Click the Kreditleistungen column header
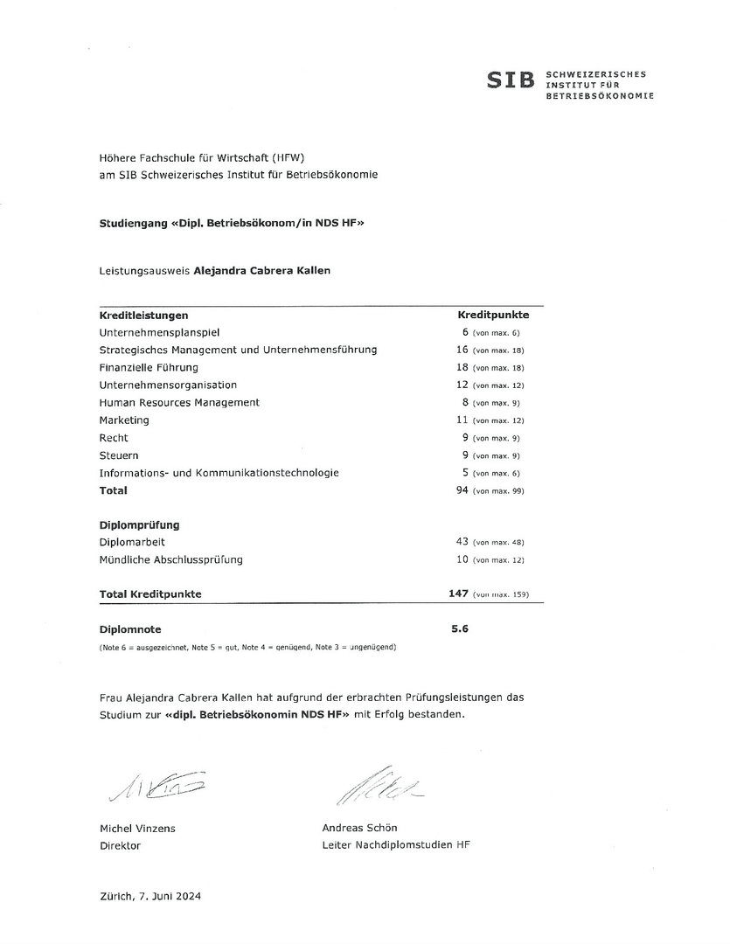pos(144,315)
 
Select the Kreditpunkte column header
pos(494,315)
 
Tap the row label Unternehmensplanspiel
pos(160,332)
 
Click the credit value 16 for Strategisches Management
pos(463,350)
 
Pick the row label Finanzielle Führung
pos(149,367)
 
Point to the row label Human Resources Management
pos(179,402)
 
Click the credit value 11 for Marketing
pos(463,420)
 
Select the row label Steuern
pos(119,455)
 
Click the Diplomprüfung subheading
pos(140,525)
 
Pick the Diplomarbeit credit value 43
pos(463,542)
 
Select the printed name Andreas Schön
pos(359,828)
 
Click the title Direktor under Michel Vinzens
pos(120,845)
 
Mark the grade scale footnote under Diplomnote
pos(248,647)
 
